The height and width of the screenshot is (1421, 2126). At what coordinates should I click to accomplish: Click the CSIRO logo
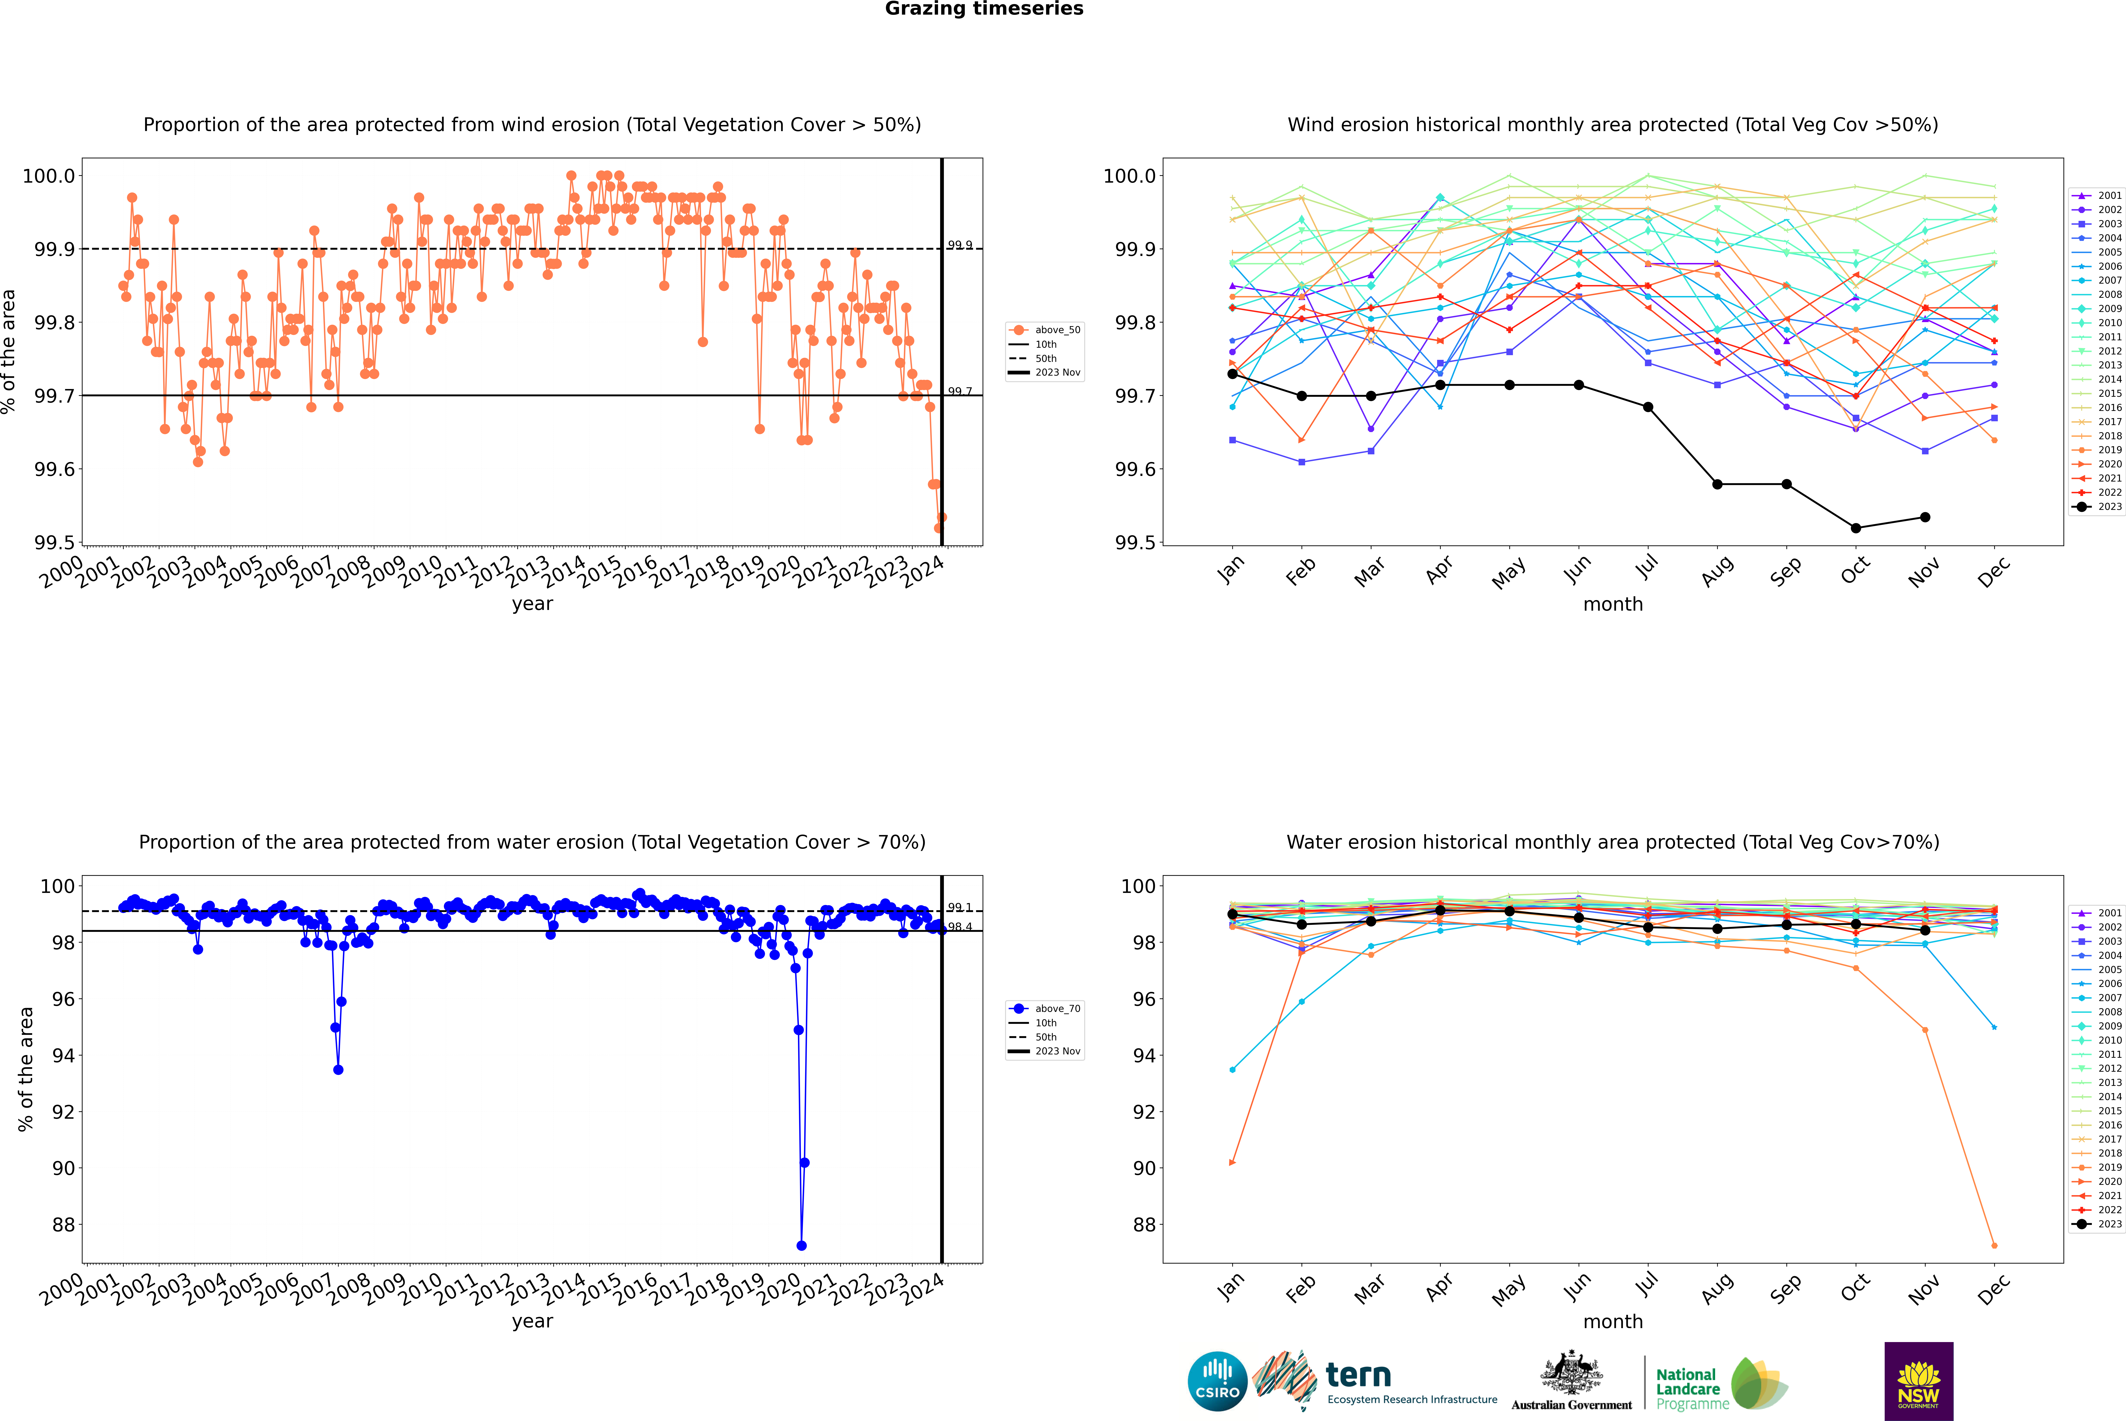[1217, 1381]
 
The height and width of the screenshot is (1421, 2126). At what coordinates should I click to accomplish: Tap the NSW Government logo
[1918, 1381]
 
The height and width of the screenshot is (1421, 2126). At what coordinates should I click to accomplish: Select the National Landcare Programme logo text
[1687, 1388]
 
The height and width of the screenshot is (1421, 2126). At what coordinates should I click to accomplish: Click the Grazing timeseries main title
[984, 9]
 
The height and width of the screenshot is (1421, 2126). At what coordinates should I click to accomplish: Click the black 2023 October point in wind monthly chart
[1856, 528]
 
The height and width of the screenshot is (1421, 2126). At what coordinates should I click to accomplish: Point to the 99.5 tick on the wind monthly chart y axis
[1133, 543]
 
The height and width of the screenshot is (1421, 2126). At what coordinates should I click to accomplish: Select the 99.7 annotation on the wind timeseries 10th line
[960, 392]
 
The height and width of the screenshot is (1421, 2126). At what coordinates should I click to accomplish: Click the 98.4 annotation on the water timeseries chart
[960, 927]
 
